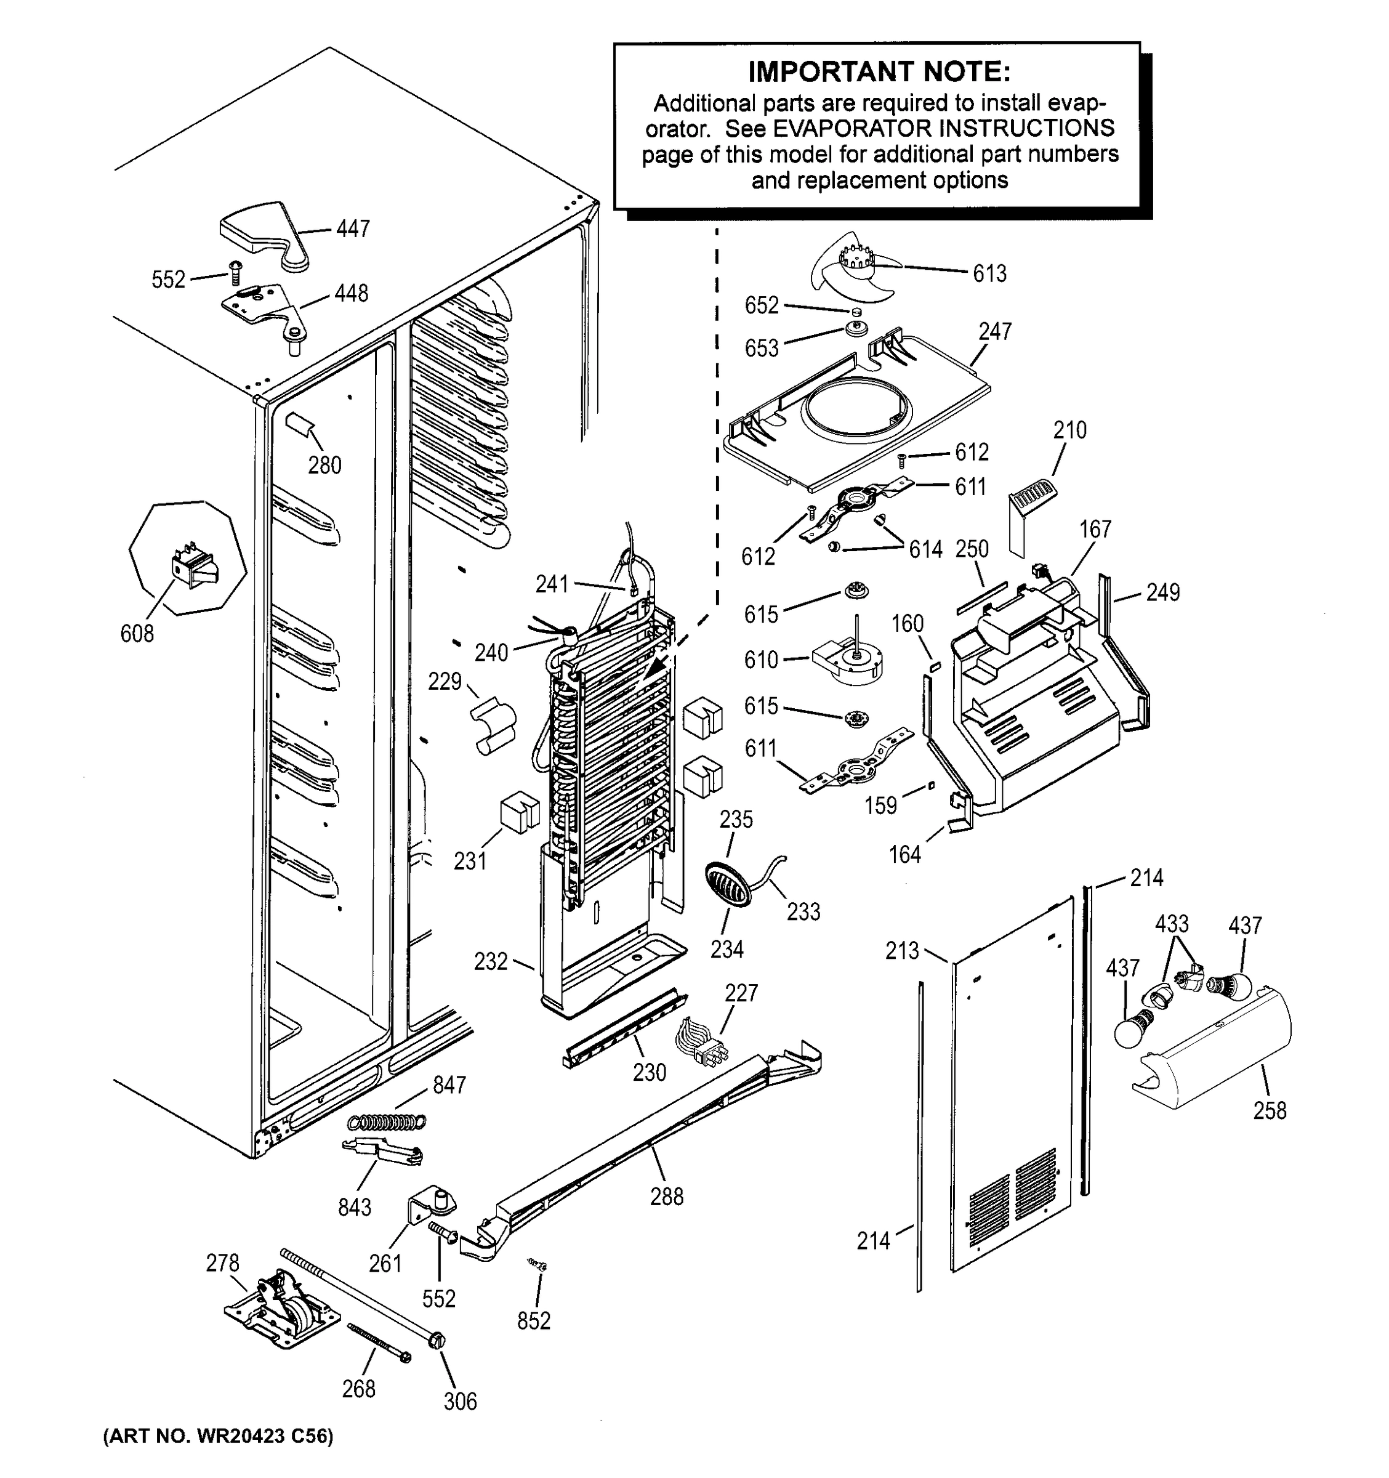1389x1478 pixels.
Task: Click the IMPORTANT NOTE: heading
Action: click(879, 72)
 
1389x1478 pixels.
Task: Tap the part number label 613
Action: click(989, 273)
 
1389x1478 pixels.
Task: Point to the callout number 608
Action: click(137, 634)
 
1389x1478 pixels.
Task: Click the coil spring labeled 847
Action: click(387, 1120)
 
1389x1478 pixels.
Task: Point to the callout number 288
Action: click(666, 1196)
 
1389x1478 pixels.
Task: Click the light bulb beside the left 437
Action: click(1133, 1030)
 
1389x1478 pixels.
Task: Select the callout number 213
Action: click(901, 950)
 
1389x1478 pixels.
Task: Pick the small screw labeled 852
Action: click(538, 1263)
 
